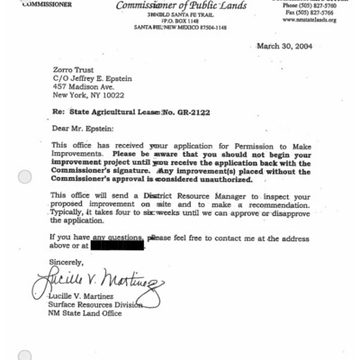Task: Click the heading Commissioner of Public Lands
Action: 181,6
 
